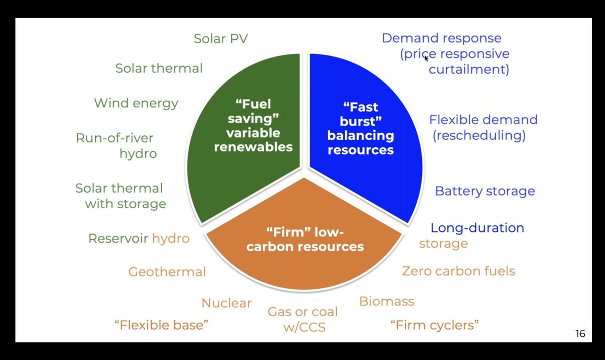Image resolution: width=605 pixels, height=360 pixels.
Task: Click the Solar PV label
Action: [221, 39]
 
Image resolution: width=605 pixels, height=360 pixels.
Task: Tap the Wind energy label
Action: [136, 103]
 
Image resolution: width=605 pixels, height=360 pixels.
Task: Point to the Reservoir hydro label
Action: [139, 238]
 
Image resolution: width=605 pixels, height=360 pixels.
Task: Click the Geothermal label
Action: [167, 272]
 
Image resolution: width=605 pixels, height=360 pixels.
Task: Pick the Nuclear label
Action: [226, 303]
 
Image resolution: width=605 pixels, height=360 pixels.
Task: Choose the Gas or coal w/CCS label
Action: [303, 319]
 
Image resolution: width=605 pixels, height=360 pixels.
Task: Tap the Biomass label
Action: [387, 302]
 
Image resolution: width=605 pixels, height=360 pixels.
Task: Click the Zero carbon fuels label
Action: [458, 271]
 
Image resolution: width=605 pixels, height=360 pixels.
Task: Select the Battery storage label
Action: [485, 191]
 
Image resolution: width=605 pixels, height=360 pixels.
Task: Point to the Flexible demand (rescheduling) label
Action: [482, 128]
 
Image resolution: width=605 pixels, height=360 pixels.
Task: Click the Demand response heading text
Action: [441, 38]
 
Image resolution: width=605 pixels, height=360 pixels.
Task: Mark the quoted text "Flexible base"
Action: [161, 325]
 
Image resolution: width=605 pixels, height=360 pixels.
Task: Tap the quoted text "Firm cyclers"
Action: [435, 325]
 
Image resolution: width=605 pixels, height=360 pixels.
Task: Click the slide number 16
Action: [580, 334]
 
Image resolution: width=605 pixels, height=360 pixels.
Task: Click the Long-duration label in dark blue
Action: [477, 228]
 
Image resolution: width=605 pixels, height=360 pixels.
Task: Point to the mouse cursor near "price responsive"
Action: [426, 57]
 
